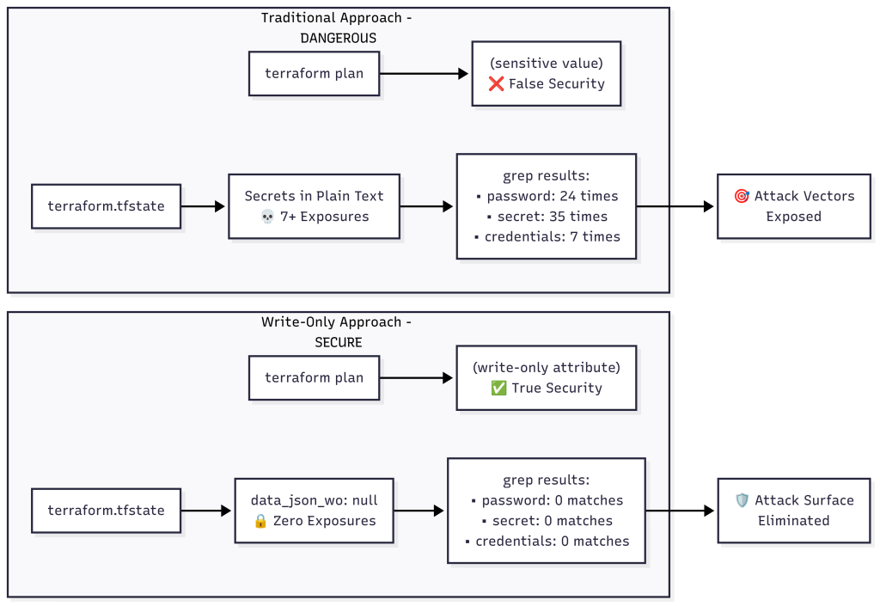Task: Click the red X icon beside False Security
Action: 496,84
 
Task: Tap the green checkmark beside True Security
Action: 498,389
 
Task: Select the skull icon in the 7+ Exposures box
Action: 266,217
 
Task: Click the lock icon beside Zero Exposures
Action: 261,521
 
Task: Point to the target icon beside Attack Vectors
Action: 742,196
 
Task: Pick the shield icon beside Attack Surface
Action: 742,500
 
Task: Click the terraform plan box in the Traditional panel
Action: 314,73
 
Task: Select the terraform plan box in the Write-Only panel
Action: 314,377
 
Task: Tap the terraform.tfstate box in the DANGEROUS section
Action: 106,206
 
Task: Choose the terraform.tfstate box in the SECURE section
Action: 106,511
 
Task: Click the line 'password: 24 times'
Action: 547,196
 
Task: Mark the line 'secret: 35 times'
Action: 547,217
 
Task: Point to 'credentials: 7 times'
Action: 547,236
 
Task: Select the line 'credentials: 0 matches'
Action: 547,542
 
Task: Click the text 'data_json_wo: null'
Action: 314,500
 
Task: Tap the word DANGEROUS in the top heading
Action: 338,38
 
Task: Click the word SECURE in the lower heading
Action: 338,342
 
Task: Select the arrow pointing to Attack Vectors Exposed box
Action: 675,206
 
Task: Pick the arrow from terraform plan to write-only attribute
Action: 416,377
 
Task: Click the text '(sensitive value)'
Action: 546,63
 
